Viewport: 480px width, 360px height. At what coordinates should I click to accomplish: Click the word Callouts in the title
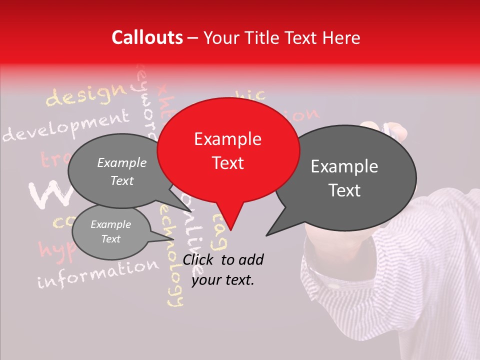(147, 37)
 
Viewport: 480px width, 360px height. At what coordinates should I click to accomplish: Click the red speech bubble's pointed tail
(230, 220)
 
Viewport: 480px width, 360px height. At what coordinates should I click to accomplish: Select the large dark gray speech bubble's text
(344, 178)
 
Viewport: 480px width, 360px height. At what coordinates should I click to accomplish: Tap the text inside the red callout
(228, 151)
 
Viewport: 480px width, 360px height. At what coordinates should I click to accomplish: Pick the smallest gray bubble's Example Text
(110, 231)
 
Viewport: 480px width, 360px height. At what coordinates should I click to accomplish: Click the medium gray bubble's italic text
(122, 171)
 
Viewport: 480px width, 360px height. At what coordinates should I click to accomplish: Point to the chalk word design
(85, 95)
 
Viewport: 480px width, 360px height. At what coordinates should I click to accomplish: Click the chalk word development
(65, 127)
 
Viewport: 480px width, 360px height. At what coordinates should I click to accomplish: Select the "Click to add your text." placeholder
(223, 270)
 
